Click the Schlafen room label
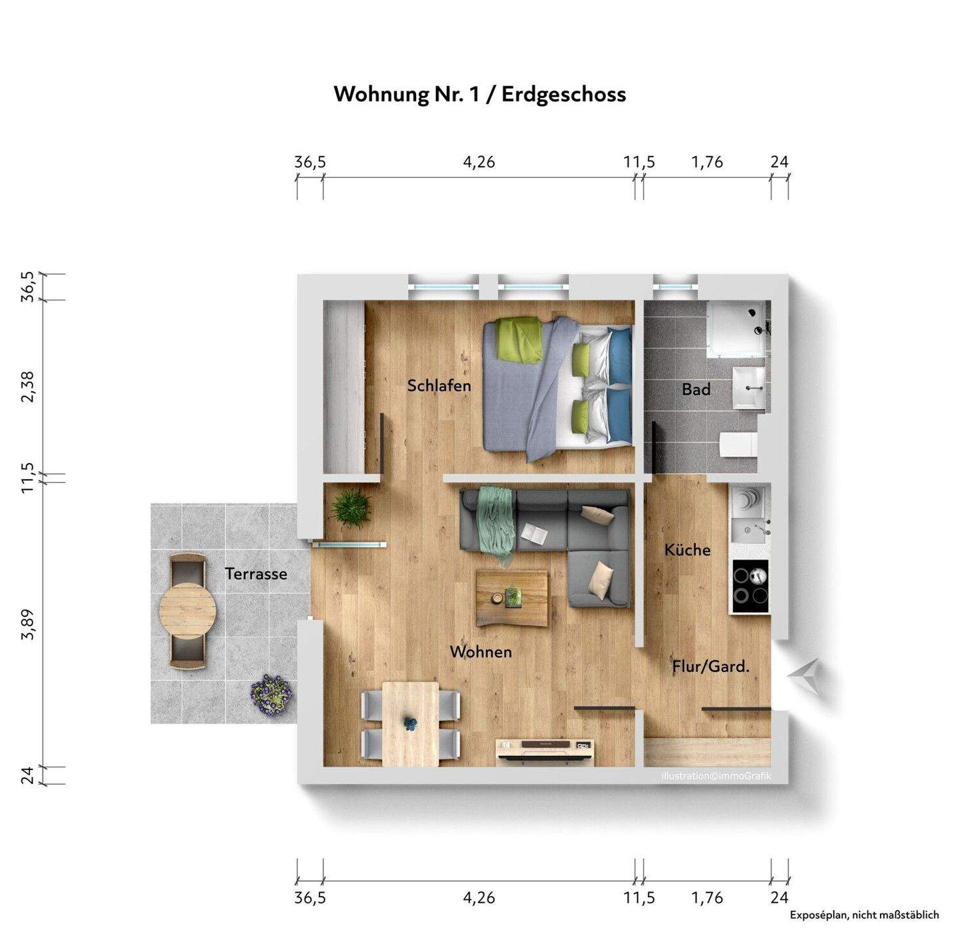tap(439, 386)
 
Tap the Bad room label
tap(696, 390)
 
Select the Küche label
tap(687, 550)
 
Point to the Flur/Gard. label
tap(711, 666)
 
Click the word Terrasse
tap(256, 574)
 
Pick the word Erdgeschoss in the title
tap(563, 94)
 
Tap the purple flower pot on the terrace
tap(271, 694)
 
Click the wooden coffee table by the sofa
tap(512, 598)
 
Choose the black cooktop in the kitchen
tap(750, 586)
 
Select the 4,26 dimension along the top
tap(479, 162)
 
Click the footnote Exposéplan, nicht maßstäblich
tap(864, 915)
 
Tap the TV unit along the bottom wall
tap(545, 749)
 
